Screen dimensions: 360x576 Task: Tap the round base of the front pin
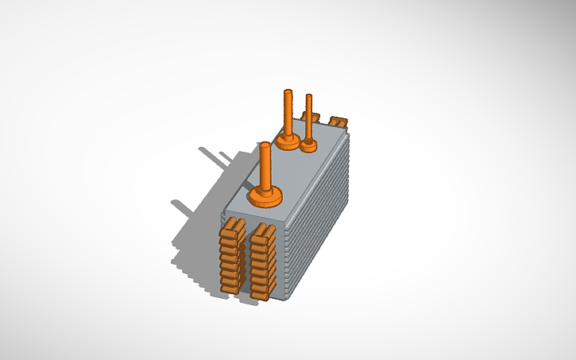click(265, 196)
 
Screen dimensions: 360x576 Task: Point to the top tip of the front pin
click(265, 145)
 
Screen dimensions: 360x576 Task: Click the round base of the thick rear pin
click(288, 141)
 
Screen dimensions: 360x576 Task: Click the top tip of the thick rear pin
click(288, 93)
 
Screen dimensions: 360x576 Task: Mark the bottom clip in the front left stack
click(230, 285)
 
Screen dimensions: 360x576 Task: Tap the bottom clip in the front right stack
click(261, 292)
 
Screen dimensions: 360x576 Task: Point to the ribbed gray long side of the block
click(318, 223)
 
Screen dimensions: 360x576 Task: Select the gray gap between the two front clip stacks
click(246, 262)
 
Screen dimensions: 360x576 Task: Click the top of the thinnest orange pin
click(309, 97)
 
